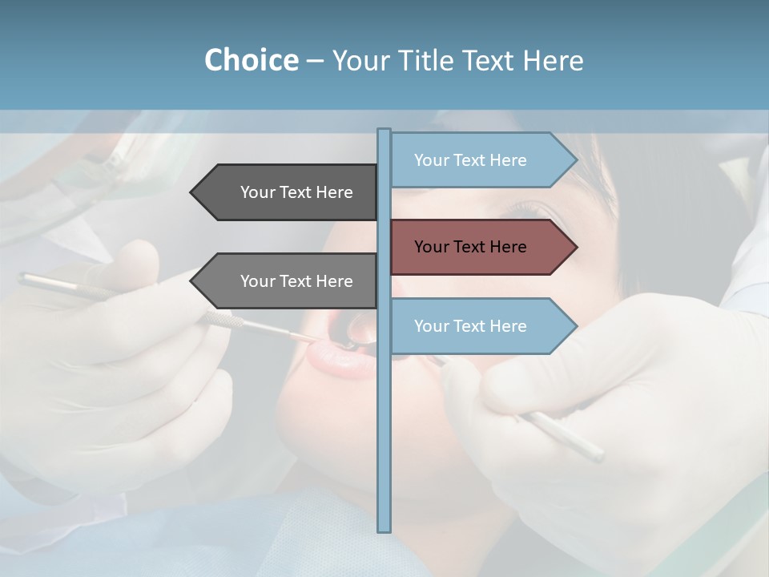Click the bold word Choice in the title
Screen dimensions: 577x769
[251, 60]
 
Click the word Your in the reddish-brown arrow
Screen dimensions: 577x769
[431, 247]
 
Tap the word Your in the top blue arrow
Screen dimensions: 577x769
[431, 160]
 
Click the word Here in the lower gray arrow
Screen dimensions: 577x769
[334, 281]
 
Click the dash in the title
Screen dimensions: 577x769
[315, 61]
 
